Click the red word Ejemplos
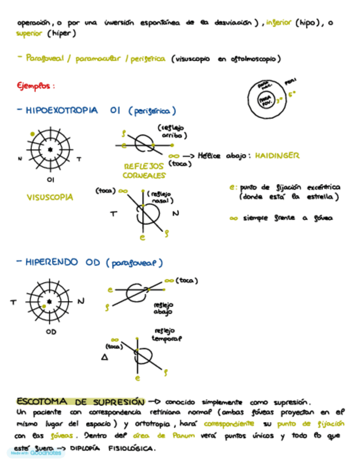click(35, 86)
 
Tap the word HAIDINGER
click(277, 156)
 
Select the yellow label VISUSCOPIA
click(49, 197)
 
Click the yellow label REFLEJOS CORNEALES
click(144, 170)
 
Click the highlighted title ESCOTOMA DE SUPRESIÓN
click(80, 402)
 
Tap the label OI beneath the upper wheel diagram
click(50, 179)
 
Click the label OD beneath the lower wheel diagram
click(51, 331)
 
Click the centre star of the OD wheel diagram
click(50, 302)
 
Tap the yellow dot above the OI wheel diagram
click(33, 133)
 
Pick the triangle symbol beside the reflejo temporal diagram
click(104, 358)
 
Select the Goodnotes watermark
click(35, 453)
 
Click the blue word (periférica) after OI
click(153, 111)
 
